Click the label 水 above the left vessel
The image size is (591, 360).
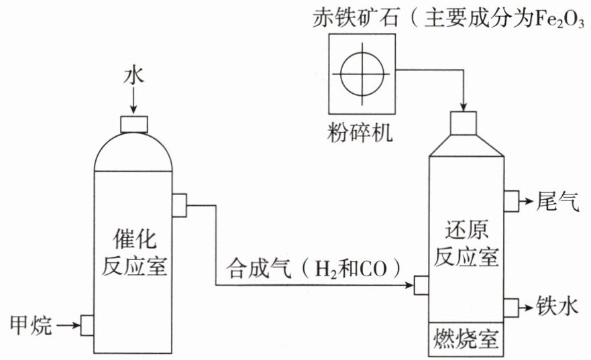click(133, 76)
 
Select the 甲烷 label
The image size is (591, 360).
click(31, 325)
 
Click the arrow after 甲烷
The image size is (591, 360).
click(68, 324)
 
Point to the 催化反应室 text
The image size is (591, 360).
click(134, 253)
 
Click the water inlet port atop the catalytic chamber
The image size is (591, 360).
click(133, 124)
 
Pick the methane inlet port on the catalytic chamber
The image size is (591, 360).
click(87, 325)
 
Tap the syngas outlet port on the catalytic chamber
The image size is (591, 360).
click(179, 205)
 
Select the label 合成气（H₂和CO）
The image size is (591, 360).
click(313, 268)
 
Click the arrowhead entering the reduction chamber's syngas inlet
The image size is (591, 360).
click(410, 285)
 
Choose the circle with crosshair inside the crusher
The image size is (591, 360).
click(362, 74)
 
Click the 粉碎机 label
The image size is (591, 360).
click(360, 133)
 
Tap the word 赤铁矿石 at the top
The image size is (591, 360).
click(356, 17)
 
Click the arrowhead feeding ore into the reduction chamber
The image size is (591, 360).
click(464, 107)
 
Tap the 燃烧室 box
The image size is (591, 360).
click(466, 339)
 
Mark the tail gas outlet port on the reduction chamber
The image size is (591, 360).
click(511, 201)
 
